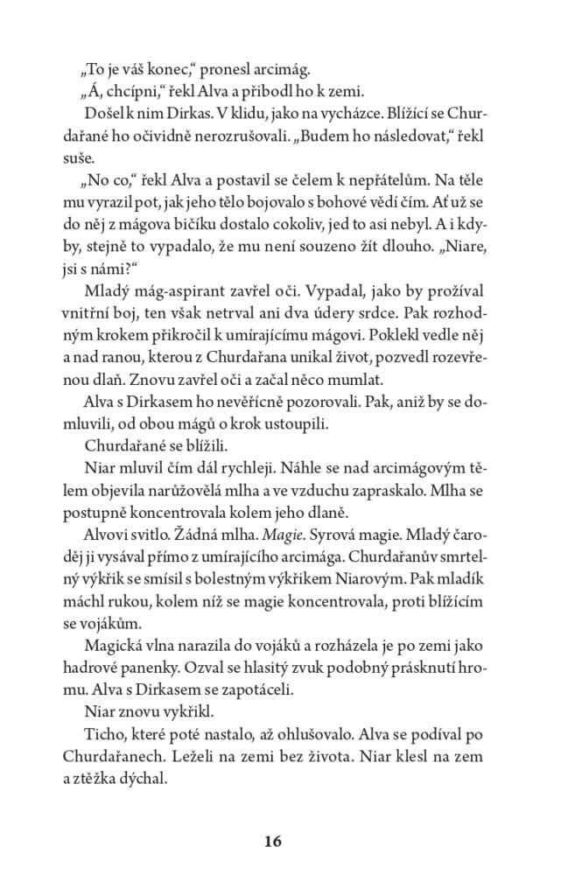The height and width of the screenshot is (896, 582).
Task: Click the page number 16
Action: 271,842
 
